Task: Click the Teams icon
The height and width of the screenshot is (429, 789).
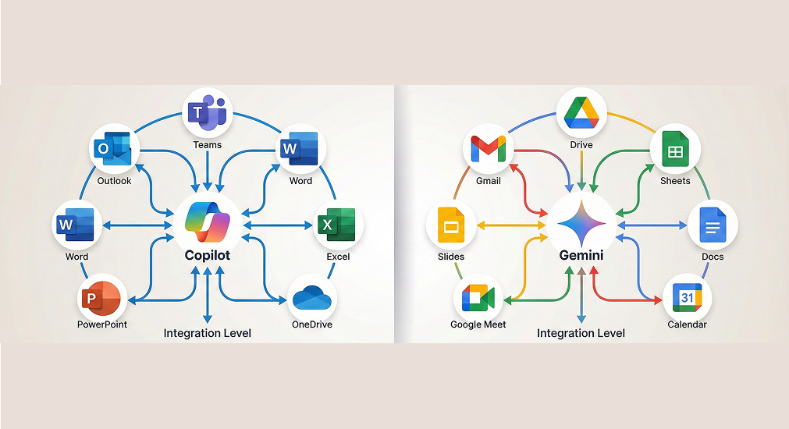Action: pos(207,114)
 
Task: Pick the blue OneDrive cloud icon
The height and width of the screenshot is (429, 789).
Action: pos(312,297)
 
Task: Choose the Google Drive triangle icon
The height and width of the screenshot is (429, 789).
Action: pos(581,113)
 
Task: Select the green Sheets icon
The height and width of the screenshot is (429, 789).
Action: pos(675,150)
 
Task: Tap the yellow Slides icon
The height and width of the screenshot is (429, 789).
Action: pos(450,226)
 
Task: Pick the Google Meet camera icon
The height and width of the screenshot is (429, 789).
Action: pos(478,298)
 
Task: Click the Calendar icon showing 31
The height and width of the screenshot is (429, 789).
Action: pos(687,297)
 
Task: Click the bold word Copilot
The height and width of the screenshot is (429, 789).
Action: pos(207,256)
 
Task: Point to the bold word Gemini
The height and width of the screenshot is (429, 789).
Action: pos(581,256)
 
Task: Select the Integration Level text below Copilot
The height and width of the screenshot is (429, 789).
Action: pos(207,334)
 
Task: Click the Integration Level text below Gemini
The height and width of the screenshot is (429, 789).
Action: pos(581,334)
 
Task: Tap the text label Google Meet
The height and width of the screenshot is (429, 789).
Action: pos(478,324)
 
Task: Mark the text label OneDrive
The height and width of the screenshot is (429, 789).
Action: pos(312,324)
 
